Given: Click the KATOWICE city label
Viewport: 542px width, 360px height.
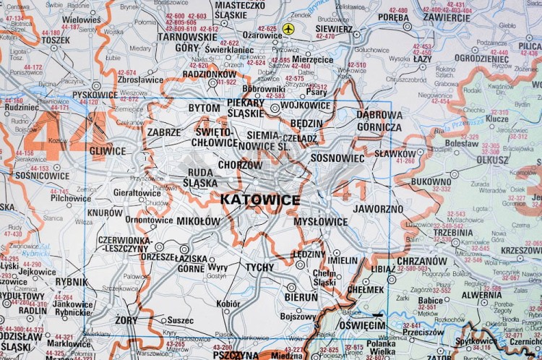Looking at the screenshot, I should pos(259,199).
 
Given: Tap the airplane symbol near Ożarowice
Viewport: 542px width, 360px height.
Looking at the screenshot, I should pos(289,28).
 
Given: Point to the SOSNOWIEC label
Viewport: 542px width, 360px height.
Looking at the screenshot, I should pos(337,157).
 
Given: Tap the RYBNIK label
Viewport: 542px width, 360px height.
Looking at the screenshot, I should pos(71,282).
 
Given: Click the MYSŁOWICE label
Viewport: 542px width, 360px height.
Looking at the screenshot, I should pos(320,221).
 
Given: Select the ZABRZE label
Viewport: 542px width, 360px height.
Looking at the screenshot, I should pos(163,132).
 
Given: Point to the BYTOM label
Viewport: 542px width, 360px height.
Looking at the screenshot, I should pos(204,108).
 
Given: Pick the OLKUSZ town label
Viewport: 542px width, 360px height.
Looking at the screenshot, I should pos(492,160).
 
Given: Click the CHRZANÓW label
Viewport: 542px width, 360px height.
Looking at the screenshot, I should pos(421,261).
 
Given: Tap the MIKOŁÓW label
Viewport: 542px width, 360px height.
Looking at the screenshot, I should pos(197,220).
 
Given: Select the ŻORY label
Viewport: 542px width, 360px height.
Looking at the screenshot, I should pos(126,319).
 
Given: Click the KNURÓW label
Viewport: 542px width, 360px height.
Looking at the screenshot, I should pos(105,213).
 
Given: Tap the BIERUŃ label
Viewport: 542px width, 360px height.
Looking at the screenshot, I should pos(301,296).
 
